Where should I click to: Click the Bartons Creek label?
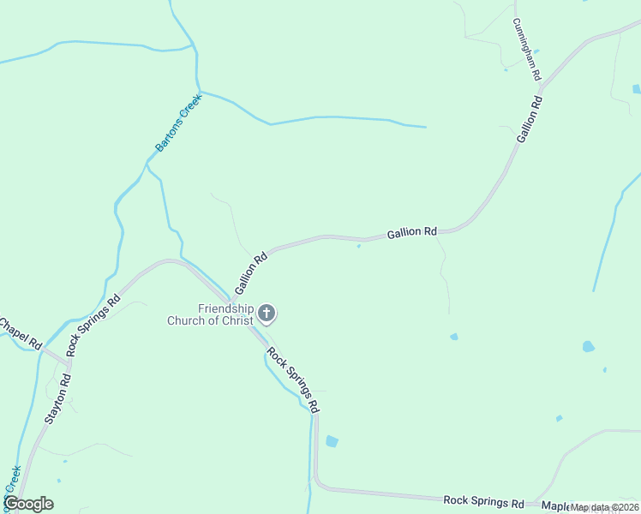tap(177, 129)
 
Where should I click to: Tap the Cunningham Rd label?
tap(527, 50)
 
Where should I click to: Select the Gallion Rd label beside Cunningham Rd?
tap(530, 119)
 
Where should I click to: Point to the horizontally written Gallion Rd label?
tap(412, 232)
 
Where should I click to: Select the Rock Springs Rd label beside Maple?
tap(483, 500)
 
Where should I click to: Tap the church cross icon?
tap(267, 314)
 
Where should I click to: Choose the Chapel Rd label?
tap(19, 332)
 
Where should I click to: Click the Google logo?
tap(28, 504)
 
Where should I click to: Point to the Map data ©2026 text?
tap(604, 507)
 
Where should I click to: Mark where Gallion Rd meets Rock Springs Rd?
tap(231, 302)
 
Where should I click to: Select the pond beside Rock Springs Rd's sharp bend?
tap(332, 441)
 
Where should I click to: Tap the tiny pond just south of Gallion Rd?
tap(358, 247)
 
